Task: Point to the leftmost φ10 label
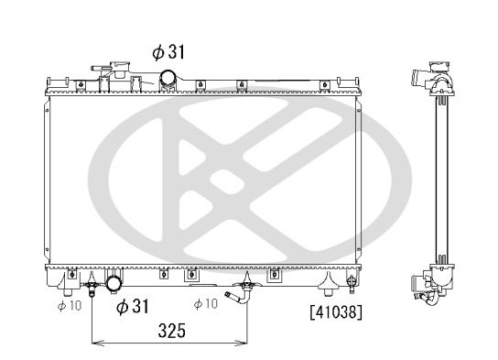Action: tap(70, 304)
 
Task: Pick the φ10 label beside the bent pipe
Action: tap(206, 304)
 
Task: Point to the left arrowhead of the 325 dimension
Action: tap(94, 344)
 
